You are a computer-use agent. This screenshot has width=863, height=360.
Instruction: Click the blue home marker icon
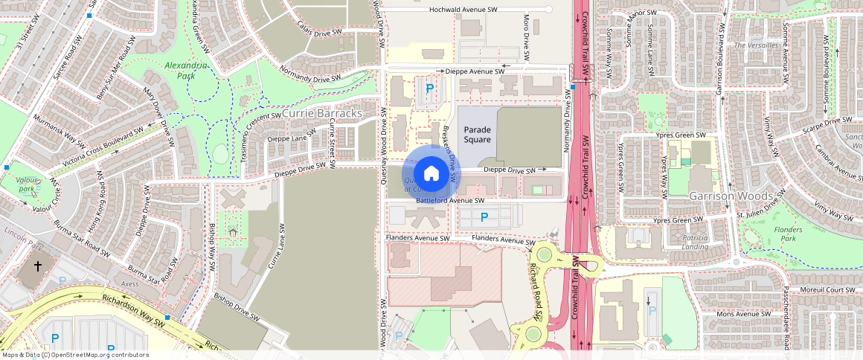coord(431,173)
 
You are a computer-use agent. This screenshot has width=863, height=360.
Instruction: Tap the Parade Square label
coord(478,135)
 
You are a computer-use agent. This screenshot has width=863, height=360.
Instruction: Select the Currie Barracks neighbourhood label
coord(322,113)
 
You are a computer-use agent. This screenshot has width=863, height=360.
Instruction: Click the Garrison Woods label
coord(727,196)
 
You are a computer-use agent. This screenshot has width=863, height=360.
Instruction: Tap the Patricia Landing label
coord(694,242)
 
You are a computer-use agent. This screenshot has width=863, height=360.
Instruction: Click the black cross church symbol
coord(38,266)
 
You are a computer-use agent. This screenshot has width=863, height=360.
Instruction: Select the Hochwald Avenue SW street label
coord(463,10)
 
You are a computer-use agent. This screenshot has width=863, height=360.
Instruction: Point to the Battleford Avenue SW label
coord(450,201)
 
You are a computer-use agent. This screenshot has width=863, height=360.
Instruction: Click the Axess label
coord(129,283)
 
